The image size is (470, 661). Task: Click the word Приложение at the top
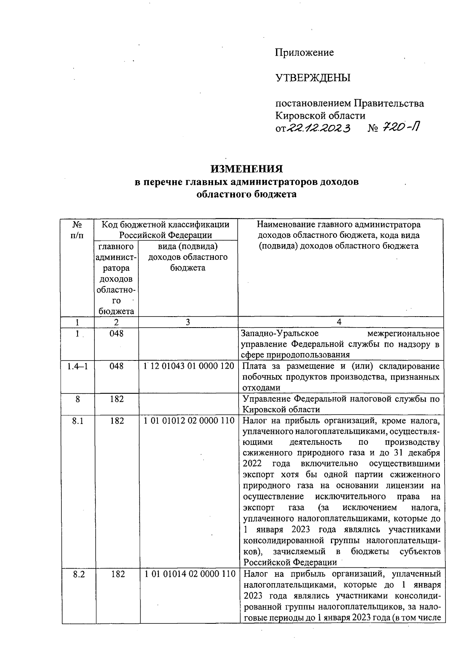304,53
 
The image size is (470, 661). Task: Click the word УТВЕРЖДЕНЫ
313,78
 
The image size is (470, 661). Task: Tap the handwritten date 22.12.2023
318,128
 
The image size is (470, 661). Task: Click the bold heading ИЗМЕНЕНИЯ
246,169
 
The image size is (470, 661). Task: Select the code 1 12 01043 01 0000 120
189,366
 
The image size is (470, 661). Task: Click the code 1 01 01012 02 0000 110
189,421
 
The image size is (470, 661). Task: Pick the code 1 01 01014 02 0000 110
190,574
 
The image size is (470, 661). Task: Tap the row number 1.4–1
77,366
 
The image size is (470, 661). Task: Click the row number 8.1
78,421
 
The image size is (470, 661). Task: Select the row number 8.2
79,574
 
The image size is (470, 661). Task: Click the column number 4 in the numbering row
339,322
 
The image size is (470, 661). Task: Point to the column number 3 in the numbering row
188,322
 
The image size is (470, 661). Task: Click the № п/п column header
78,230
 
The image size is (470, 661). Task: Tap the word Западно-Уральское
280,333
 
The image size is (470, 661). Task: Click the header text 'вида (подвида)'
188,246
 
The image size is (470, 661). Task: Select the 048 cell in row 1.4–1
116,366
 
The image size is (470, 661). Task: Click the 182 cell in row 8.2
117,574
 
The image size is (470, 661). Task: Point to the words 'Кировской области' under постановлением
320,116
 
